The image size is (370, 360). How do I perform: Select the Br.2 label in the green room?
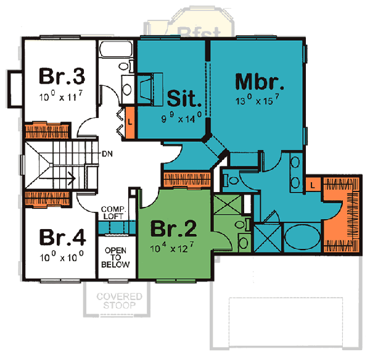174,230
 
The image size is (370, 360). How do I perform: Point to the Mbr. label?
259,83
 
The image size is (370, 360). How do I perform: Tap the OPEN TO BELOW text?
116,257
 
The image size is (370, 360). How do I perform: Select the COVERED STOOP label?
119,301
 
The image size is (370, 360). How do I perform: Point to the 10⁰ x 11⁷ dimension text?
60,96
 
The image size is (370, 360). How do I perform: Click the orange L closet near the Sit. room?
130,120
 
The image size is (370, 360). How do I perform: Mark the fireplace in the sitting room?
149,86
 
